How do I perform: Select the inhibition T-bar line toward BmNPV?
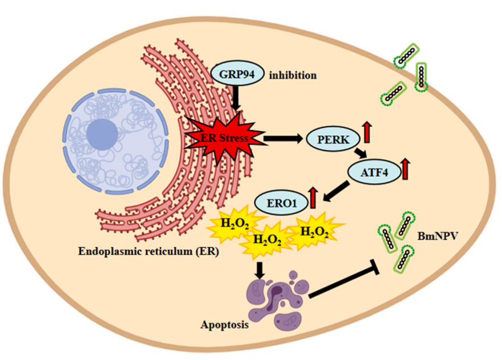coord(353,282)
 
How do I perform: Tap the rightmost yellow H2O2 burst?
coord(314,231)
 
